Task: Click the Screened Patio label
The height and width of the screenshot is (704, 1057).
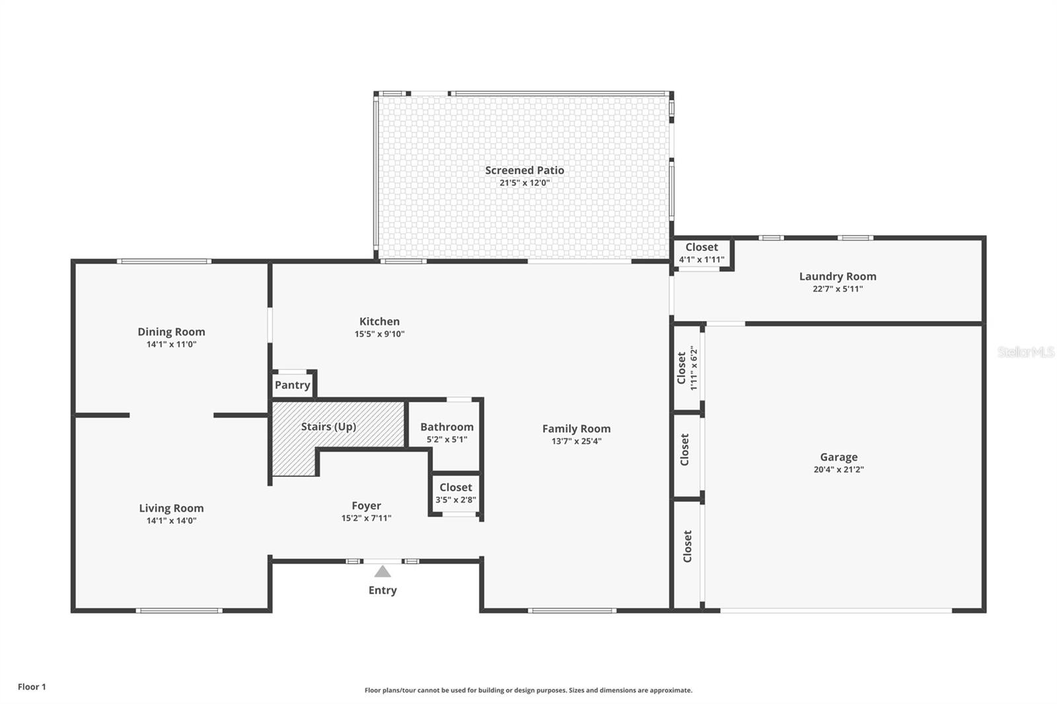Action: pyautogui.click(x=525, y=170)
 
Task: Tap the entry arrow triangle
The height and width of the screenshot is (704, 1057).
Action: pyautogui.click(x=383, y=571)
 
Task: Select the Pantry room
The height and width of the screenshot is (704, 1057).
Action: pyautogui.click(x=293, y=385)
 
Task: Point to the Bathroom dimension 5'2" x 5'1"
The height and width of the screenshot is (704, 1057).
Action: pyautogui.click(x=447, y=439)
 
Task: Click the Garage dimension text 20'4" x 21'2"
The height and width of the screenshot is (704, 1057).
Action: pyautogui.click(x=838, y=470)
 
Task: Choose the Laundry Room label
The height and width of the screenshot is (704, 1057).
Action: pyautogui.click(x=838, y=277)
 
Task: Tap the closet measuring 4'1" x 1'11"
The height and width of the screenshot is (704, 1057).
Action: pyautogui.click(x=702, y=253)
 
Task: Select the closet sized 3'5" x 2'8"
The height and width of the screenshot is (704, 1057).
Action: pyautogui.click(x=455, y=493)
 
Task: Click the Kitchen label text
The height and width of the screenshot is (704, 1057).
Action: pyautogui.click(x=379, y=322)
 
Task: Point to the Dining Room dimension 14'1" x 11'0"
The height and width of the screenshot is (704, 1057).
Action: pyautogui.click(x=171, y=344)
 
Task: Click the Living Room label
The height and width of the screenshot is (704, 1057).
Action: pyautogui.click(x=171, y=508)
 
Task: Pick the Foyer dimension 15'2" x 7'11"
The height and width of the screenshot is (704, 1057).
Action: pyautogui.click(x=366, y=518)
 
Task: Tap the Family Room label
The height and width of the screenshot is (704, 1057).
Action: pyautogui.click(x=576, y=429)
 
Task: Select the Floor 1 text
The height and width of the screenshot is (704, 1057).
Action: pyautogui.click(x=32, y=687)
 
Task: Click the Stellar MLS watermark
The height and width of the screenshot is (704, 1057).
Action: pyautogui.click(x=1025, y=352)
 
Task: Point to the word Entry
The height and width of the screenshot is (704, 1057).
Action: pyautogui.click(x=383, y=590)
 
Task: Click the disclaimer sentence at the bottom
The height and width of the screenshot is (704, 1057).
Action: pyautogui.click(x=528, y=690)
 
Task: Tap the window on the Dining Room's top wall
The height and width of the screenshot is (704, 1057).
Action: pyautogui.click(x=164, y=262)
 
